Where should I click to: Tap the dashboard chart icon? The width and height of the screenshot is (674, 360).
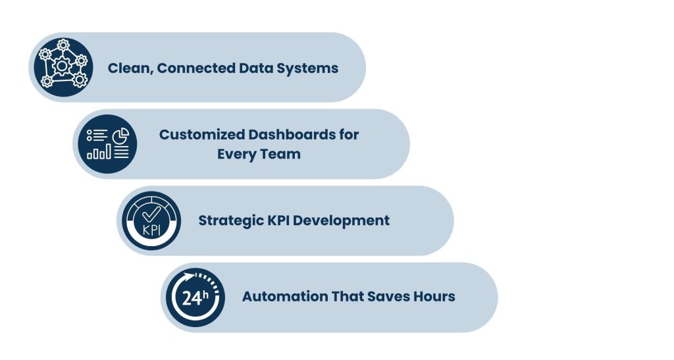pos(107,143)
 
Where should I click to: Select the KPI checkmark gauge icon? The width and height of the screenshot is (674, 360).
pos(151,220)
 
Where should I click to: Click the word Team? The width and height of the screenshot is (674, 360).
pos(282,155)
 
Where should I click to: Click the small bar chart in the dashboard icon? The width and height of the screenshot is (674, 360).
pos(99,153)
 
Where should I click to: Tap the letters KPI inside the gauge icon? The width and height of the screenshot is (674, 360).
pos(151,231)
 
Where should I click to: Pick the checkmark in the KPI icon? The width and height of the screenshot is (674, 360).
pos(151,215)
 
